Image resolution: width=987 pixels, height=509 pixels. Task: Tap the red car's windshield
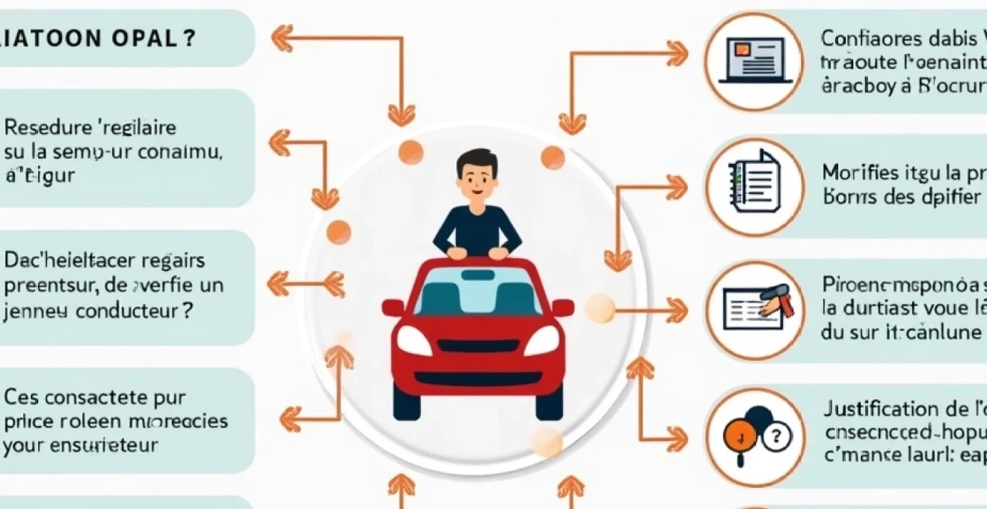pyautogui.click(x=478, y=291)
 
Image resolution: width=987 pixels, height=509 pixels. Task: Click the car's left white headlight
pyautogui.click(x=414, y=341)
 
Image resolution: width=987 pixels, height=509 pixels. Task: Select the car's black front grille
pyautogui.click(x=478, y=346)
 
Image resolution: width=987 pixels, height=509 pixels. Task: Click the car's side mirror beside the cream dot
pyautogui.click(x=562, y=307)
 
